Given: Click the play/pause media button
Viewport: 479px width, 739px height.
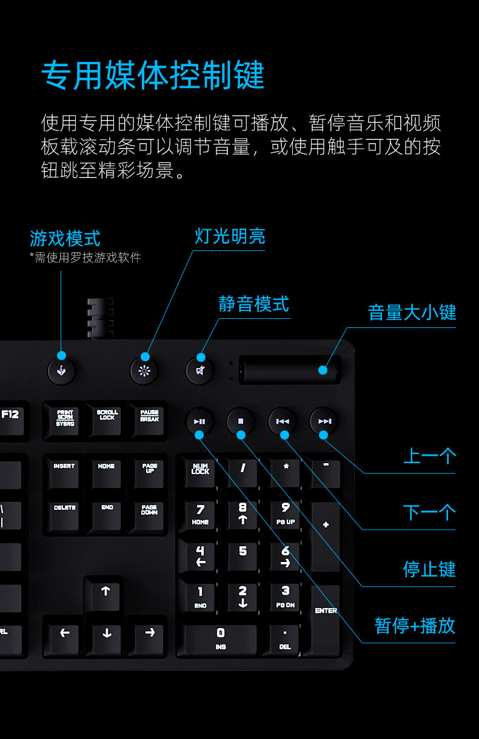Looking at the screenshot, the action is tap(199, 421).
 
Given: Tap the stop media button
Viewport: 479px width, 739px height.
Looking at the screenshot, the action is tap(241, 421).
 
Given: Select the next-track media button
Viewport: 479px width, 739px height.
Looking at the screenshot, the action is tap(324, 421).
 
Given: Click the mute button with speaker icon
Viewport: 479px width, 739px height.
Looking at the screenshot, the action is tap(199, 371).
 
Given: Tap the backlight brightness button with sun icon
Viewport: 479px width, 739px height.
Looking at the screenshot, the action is tap(144, 371).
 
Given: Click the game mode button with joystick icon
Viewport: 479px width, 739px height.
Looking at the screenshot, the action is tap(61, 371).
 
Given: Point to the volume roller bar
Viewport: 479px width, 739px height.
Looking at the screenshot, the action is tap(290, 370).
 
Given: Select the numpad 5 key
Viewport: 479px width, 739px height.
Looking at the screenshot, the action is tap(243, 557).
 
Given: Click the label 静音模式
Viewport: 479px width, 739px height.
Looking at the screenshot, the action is tap(253, 304).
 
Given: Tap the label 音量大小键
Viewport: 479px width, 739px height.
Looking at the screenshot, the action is tap(412, 312).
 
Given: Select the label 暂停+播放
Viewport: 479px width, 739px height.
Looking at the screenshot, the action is tap(415, 626).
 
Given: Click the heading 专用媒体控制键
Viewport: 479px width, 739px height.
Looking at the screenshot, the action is tap(153, 75).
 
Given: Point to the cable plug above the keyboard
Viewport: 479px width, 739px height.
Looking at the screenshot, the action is tap(100, 319).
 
